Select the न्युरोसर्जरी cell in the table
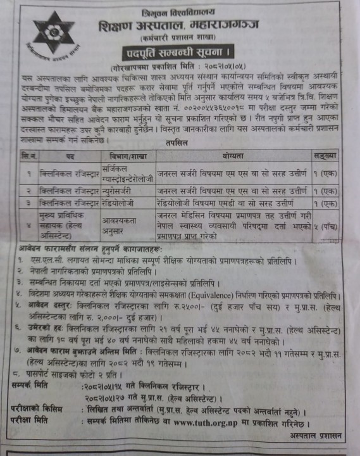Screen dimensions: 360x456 121,190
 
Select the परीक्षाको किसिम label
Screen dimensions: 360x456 35,410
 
